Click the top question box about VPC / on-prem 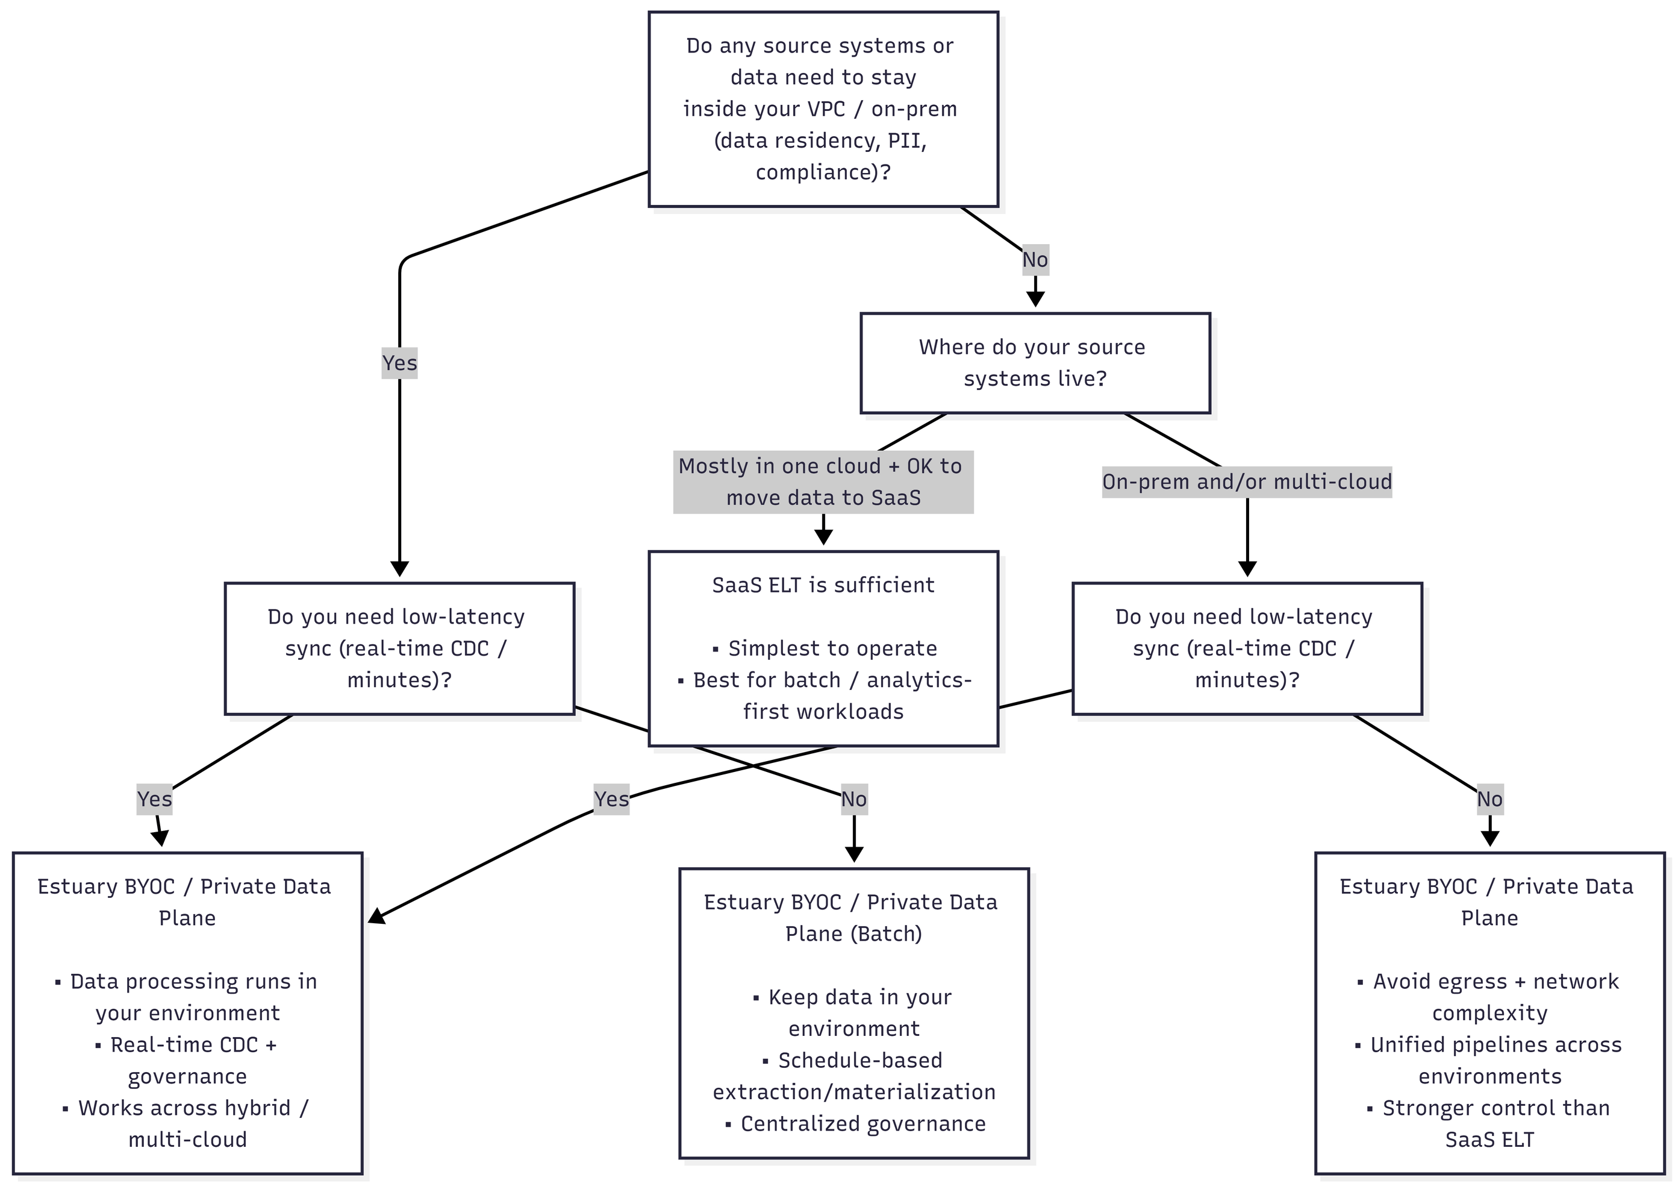pyautogui.click(x=823, y=109)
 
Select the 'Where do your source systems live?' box pyautogui.click(x=1035, y=363)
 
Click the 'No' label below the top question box pyautogui.click(x=1035, y=260)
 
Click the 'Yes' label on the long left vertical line pyautogui.click(x=399, y=363)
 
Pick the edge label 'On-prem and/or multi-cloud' pyautogui.click(x=1247, y=482)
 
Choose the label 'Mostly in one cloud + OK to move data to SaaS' pyautogui.click(x=823, y=482)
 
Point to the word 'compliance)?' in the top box pyautogui.click(x=823, y=172)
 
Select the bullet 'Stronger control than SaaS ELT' pyautogui.click(x=1489, y=1124)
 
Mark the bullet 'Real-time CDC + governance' pyautogui.click(x=188, y=1060)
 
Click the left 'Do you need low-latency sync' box pyautogui.click(x=399, y=648)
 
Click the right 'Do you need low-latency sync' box pyautogui.click(x=1247, y=648)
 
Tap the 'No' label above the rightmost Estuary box pyautogui.click(x=1489, y=799)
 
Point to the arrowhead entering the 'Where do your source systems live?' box pyautogui.click(x=1035, y=299)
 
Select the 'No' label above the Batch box pyautogui.click(x=853, y=799)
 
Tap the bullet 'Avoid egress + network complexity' pyautogui.click(x=1489, y=997)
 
